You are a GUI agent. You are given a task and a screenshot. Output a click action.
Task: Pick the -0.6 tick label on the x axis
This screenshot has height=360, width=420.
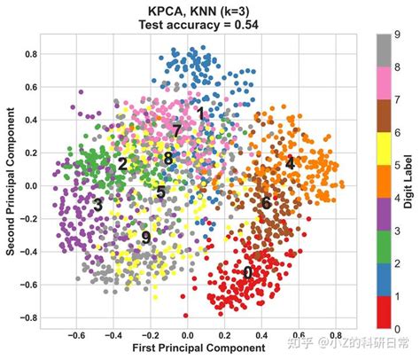pyautogui.click(x=75, y=336)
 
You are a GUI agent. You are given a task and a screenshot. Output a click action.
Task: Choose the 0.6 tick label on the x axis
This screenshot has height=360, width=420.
pyautogui.click(x=298, y=336)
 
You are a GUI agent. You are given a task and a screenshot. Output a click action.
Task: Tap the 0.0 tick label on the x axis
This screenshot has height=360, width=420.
pyautogui.click(x=187, y=336)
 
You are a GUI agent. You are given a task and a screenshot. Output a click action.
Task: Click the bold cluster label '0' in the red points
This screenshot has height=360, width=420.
pyautogui.click(x=248, y=272)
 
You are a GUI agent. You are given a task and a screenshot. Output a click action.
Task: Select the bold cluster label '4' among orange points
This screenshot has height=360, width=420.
pyautogui.click(x=290, y=164)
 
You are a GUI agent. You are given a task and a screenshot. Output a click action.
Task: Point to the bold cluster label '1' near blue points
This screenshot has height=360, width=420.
pyautogui.click(x=201, y=113)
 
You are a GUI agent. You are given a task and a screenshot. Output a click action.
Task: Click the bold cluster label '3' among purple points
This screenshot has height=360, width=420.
pyautogui.click(x=97, y=205)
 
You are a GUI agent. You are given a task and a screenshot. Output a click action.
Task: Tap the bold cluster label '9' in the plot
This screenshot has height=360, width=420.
pyautogui.click(x=146, y=238)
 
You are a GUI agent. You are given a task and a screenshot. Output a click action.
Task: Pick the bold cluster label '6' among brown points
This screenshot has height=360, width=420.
pyautogui.click(x=266, y=203)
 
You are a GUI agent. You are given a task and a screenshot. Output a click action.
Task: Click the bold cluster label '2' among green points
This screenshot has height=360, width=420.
pyautogui.click(x=122, y=164)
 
